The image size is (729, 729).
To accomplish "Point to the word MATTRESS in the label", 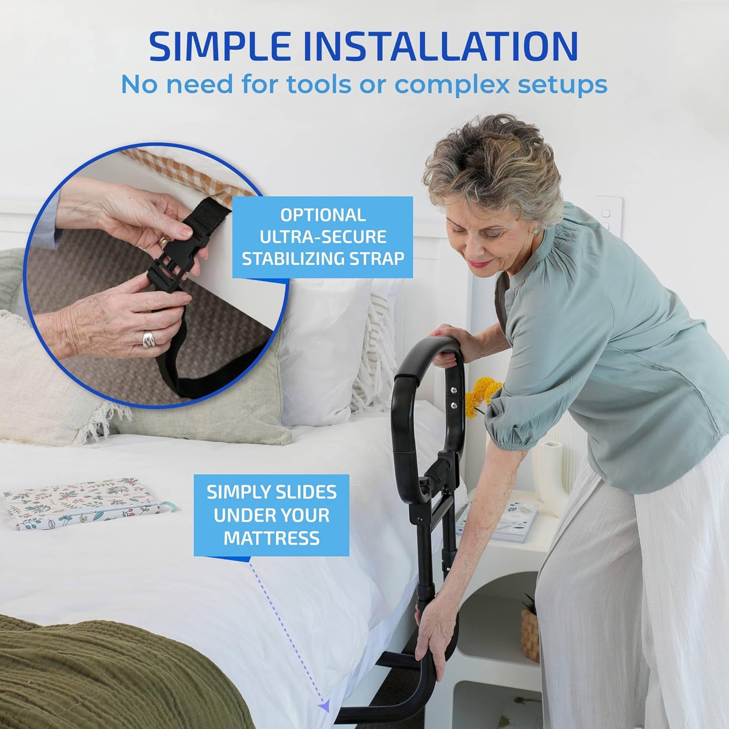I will tap(272, 538).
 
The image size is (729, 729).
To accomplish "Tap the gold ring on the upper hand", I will tap(165, 240).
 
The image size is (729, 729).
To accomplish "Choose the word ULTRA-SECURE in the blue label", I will tap(323, 237).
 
